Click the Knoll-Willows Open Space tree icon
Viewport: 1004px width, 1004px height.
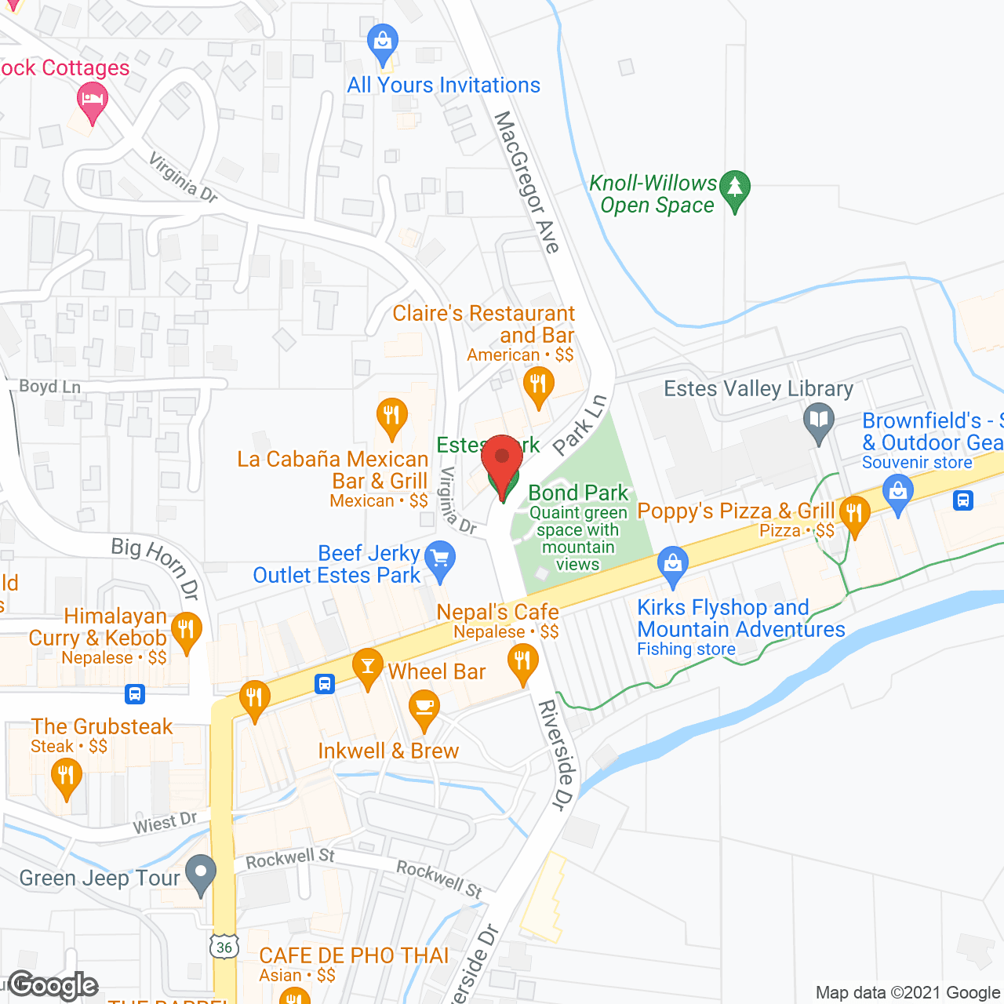click(x=735, y=189)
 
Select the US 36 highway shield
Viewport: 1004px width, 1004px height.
click(x=224, y=947)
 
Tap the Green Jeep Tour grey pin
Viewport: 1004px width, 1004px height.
click(x=201, y=873)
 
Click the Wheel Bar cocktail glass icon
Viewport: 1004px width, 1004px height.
click(x=367, y=666)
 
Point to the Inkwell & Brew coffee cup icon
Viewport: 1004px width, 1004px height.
click(x=424, y=707)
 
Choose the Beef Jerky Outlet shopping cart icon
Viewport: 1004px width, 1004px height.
click(x=439, y=559)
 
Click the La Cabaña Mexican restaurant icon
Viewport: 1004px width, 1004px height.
click(x=391, y=416)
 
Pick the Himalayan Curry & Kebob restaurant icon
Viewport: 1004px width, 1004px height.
click(x=186, y=631)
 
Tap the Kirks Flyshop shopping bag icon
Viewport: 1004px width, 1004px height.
click(x=672, y=564)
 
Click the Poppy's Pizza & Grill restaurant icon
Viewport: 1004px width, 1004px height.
click(x=854, y=515)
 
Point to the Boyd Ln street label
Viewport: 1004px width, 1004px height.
click(x=49, y=387)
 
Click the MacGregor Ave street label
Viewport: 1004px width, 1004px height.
click(x=526, y=182)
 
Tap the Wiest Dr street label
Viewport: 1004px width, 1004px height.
click(x=165, y=823)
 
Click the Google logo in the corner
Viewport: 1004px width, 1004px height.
click(x=53, y=985)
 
